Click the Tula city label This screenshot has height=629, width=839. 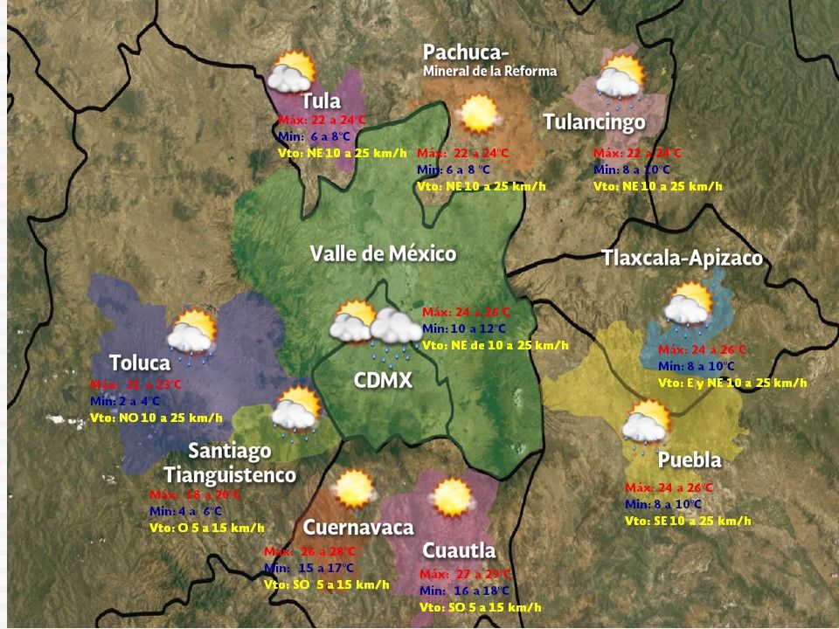(322, 100)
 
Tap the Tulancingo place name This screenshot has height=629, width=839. (594, 122)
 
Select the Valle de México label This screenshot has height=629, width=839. (383, 254)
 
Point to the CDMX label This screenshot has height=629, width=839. (382, 381)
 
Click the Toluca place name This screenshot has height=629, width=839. (140, 363)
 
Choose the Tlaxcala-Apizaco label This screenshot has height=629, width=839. (682, 259)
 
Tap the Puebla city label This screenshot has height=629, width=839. (690, 460)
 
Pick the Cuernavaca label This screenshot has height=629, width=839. (358, 528)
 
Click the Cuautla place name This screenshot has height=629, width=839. (459, 551)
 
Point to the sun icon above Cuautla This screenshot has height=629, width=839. (452, 498)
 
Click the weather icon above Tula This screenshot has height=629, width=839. (291, 73)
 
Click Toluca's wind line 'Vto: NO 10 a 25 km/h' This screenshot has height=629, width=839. (156, 418)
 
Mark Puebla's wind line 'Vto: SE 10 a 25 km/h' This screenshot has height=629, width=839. (688, 521)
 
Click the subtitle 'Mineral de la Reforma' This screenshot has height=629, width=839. (489, 71)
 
